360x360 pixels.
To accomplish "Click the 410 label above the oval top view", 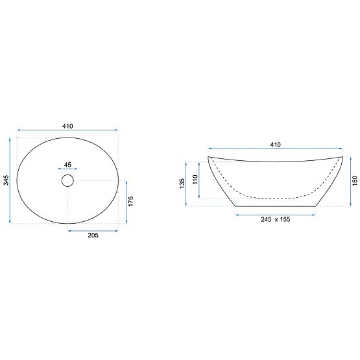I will (x=68, y=126).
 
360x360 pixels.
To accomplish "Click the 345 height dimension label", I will (x=6, y=180).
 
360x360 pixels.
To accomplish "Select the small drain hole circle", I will (x=68, y=181).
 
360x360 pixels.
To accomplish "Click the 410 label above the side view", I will (x=275, y=145).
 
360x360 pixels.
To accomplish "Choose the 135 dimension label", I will (x=182, y=183).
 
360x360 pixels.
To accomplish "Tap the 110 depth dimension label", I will (x=195, y=179).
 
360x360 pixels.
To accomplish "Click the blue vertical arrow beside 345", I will (x=12, y=180).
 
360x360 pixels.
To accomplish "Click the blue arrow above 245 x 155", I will (x=275, y=213).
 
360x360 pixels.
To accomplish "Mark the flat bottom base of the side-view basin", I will (x=275, y=206).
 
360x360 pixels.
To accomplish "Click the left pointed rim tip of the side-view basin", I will (x=209, y=158).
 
